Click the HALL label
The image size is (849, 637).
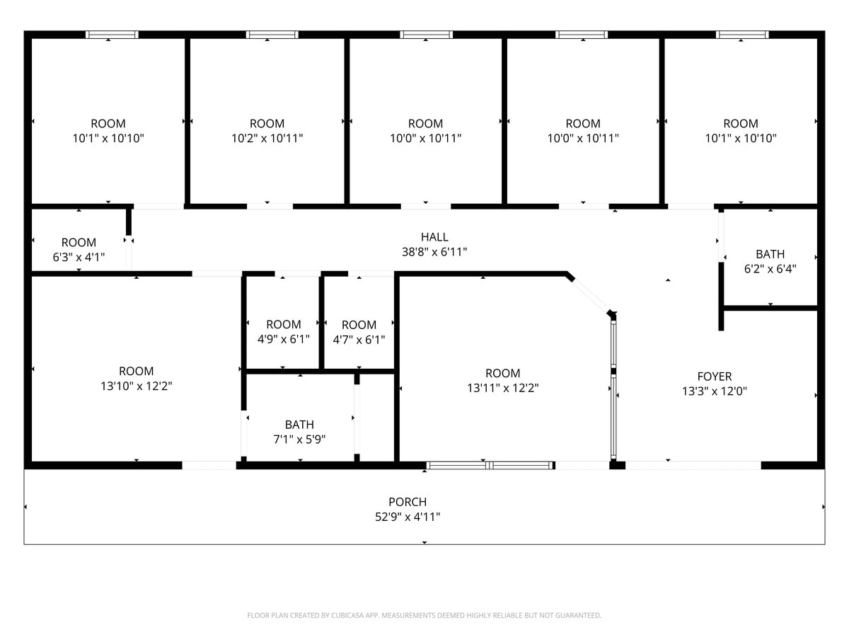tap(434, 237)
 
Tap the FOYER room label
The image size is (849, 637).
tap(714, 377)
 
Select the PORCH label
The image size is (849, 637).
tap(408, 502)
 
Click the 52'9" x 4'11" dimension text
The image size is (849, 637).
tap(408, 517)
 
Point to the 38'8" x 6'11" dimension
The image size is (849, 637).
tap(434, 251)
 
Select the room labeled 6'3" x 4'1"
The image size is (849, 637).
tap(79, 250)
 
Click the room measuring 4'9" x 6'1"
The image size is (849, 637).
tap(283, 331)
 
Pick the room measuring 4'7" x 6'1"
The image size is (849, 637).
tap(359, 332)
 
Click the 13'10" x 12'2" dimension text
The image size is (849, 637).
tap(137, 386)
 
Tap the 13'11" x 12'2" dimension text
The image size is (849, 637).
tap(503, 388)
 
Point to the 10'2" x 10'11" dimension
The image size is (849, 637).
tap(267, 138)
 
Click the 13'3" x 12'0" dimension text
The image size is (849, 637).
tap(714, 391)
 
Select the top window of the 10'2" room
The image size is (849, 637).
tap(272, 35)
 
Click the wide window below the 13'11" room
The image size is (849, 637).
tap(490, 465)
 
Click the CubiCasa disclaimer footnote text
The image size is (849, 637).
tap(424, 615)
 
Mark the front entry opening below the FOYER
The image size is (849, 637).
tap(693, 465)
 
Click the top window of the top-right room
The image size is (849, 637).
tap(742, 35)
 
